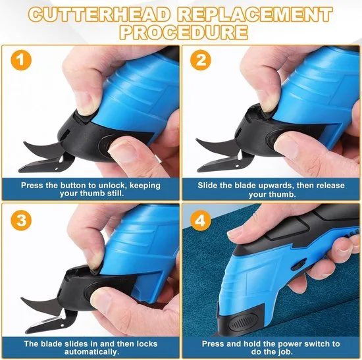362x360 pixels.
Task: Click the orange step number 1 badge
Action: [x=21, y=60]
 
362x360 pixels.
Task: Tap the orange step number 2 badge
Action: [x=200, y=60]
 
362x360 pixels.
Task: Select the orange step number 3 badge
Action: [x=21, y=220]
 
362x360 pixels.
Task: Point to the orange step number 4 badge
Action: [x=200, y=220]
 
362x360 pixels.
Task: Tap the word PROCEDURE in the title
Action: [x=184, y=32]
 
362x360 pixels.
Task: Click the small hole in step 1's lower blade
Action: [x=57, y=168]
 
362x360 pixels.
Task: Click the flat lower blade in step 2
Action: [x=218, y=164]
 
